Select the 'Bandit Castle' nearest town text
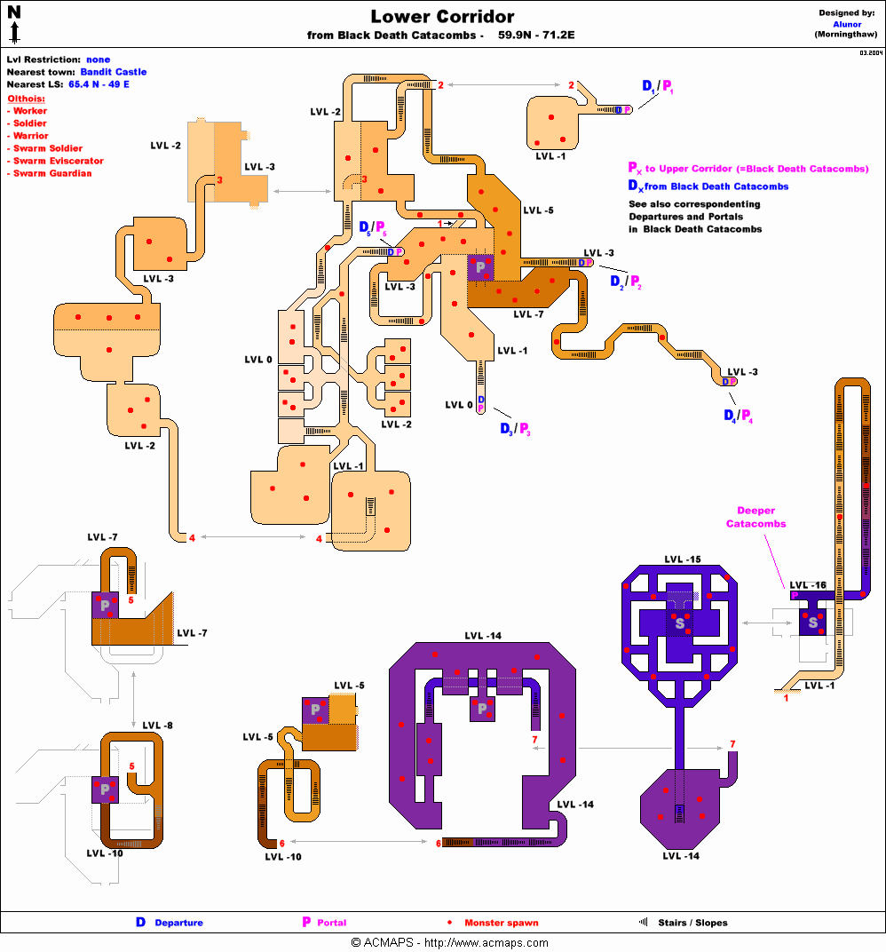113,72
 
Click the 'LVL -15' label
682,559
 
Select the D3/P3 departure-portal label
514,429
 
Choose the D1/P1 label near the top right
657,87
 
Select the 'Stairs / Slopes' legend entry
692,923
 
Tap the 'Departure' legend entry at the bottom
178,923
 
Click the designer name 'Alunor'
847,24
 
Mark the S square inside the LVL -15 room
680,623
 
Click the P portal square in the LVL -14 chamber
482,709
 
